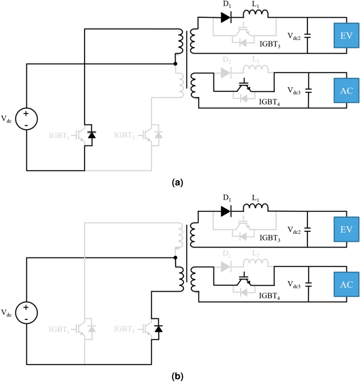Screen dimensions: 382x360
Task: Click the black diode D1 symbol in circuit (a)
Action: pos(226,17)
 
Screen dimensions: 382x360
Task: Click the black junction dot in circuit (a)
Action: pos(175,64)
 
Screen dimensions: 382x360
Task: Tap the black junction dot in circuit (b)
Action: pos(175,258)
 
